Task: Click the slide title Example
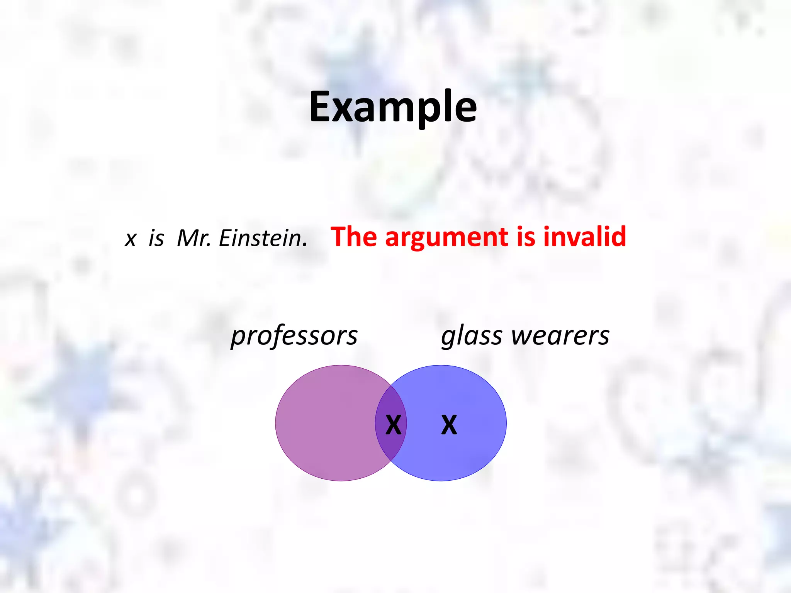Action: pyautogui.click(x=393, y=107)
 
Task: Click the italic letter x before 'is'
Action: pyautogui.click(x=131, y=239)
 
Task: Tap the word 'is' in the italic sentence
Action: pyautogui.click(x=156, y=238)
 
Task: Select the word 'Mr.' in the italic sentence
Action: pyautogui.click(x=194, y=238)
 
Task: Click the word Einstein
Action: pyautogui.click(x=263, y=238)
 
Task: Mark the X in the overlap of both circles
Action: pyautogui.click(x=393, y=425)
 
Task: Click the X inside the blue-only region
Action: pyautogui.click(x=449, y=425)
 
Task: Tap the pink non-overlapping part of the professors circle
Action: pyautogui.click(x=324, y=423)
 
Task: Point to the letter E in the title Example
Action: pyautogui.click(x=321, y=107)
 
